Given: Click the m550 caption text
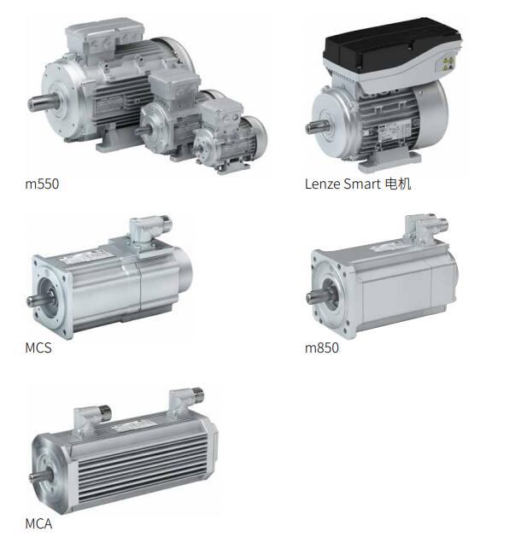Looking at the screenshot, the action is [42, 184].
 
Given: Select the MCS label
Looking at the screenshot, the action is [38, 348].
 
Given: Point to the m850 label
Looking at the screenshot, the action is [322, 348].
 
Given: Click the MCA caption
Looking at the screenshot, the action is [38, 523].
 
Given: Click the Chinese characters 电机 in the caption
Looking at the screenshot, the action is [398, 184].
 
